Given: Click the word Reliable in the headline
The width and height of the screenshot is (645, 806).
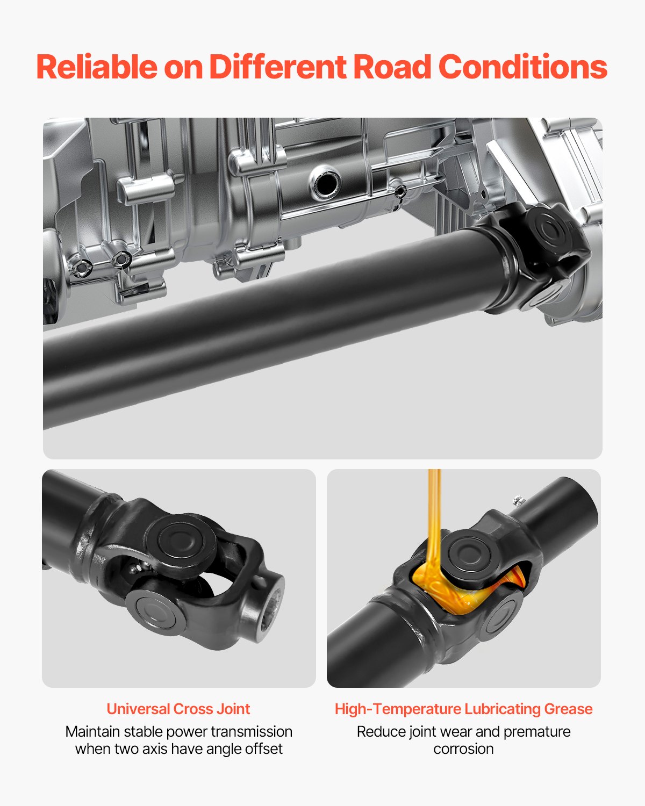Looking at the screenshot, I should point(97,67).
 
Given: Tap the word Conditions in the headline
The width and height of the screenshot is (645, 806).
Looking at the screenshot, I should point(522,67).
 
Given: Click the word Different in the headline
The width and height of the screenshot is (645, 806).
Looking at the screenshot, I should point(277,67).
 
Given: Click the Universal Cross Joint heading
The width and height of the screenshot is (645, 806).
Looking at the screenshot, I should point(178,709).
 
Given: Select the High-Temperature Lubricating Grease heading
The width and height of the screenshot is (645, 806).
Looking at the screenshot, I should point(463,709).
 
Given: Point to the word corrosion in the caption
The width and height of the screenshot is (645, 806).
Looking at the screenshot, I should point(463,749).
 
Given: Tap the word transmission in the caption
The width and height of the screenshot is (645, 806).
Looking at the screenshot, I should point(252,731).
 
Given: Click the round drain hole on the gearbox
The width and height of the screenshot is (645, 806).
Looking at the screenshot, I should point(326,183).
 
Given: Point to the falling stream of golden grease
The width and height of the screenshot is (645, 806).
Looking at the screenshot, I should point(434,505).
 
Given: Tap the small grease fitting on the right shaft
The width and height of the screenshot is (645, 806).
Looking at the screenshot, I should point(518,500).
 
